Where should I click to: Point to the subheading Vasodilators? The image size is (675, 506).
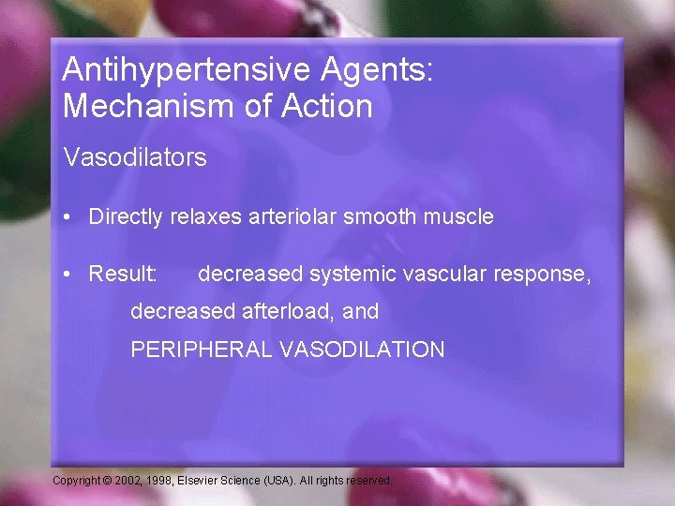(135, 157)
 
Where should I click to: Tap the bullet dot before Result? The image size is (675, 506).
(69, 275)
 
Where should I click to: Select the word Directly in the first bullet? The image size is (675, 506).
(127, 217)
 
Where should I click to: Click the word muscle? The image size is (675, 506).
(459, 217)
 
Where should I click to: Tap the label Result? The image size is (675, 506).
(123, 275)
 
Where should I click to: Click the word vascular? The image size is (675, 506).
(435, 275)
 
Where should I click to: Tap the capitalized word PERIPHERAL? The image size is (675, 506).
(198, 350)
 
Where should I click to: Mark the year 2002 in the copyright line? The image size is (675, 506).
(127, 481)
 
